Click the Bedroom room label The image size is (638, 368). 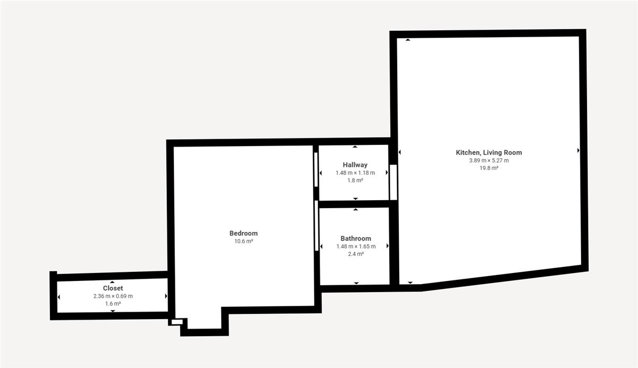point(244,234)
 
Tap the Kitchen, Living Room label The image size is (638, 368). point(489,153)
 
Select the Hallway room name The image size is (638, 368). point(355,165)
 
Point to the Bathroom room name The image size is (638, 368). point(356,238)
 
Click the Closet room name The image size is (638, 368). point(113,288)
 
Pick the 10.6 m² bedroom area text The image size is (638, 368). point(244,242)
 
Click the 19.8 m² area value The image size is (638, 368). point(489,168)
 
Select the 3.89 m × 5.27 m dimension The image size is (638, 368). point(489,160)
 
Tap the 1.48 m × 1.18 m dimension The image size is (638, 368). point(355,173)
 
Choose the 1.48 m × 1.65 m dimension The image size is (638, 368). point(356,246)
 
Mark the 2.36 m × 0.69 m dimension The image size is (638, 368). point(113,296)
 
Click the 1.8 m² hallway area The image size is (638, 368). point(355,181)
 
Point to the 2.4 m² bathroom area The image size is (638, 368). point(356,254)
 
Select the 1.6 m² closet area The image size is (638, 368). point(113,304)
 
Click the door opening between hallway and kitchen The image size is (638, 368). point(393,182)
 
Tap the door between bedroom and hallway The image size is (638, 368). point(316,169)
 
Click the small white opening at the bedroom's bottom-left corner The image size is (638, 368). point(177,322)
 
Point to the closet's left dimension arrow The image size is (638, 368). point(58,297)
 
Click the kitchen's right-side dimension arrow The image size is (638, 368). point(578,150)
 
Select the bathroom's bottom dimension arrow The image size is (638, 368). point(356,283)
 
